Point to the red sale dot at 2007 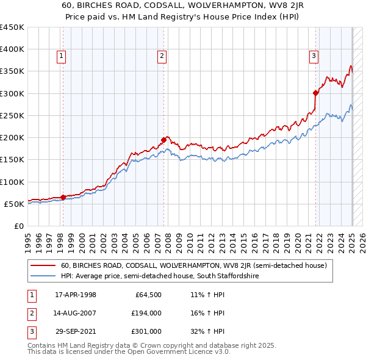164,140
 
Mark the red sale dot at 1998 63,197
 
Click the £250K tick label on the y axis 12,115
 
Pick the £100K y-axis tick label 12,182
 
